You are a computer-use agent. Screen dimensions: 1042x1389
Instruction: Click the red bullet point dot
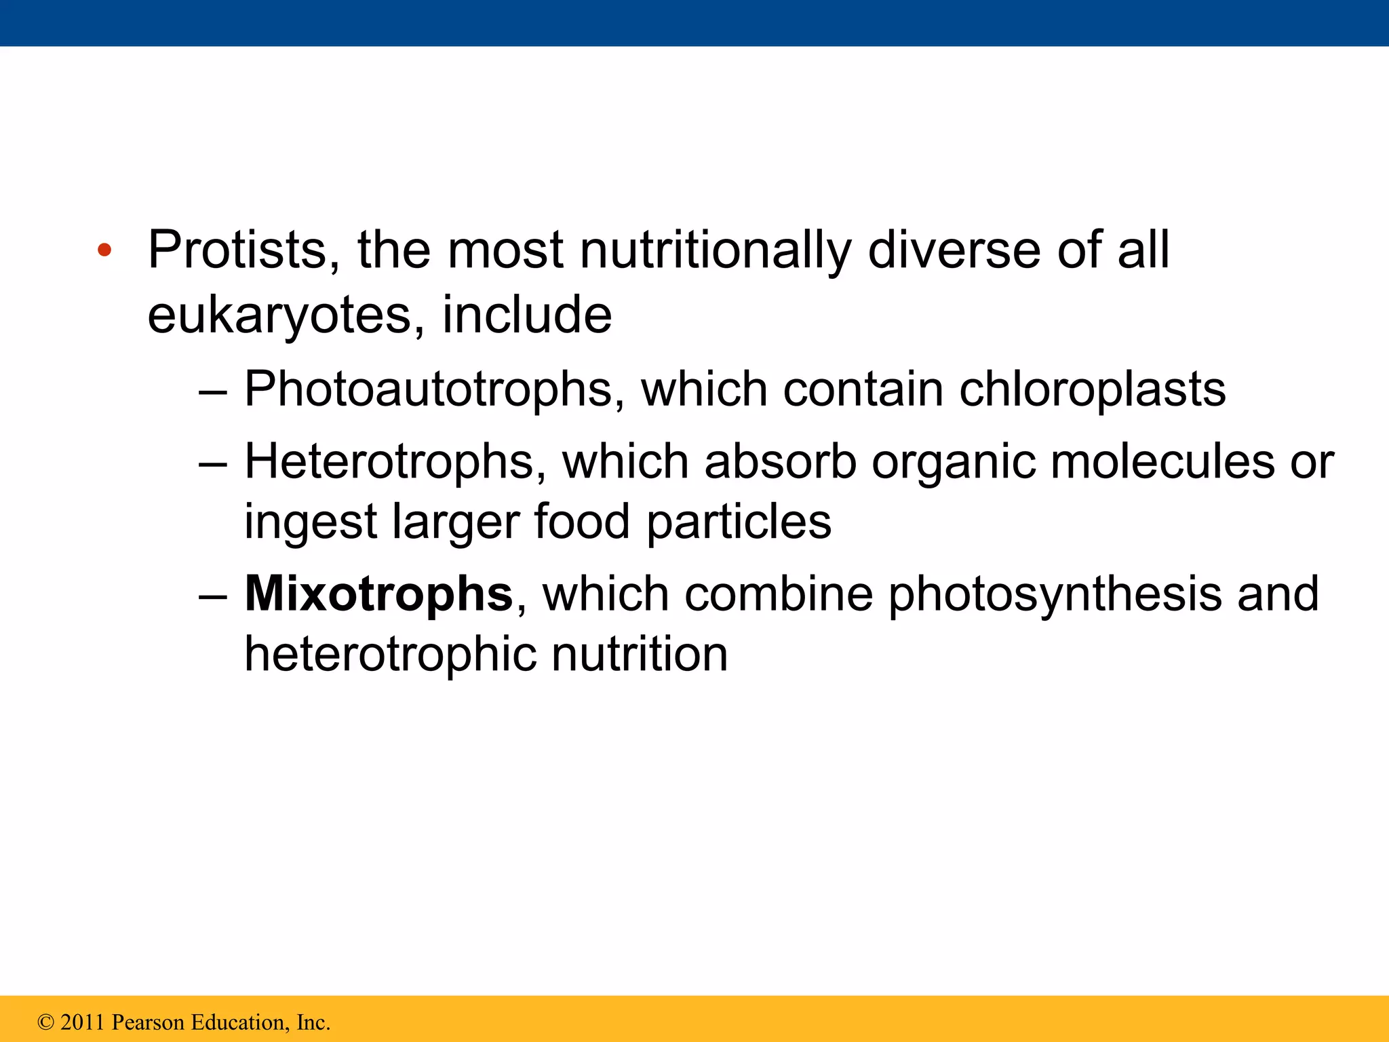coord(104,251)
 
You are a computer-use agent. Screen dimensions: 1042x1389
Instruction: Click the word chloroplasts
coord(1092,389)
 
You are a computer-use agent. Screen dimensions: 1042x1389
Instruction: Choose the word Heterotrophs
coord(395,462)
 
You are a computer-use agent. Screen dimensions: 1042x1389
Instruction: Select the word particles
coord(739,522)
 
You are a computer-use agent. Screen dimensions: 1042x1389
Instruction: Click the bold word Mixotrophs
coord(378,594)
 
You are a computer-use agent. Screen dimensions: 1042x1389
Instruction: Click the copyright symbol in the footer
coord(46,1022)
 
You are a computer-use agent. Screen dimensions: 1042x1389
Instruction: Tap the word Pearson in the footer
coord(148,1022)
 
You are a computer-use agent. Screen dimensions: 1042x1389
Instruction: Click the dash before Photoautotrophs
coord(214,392)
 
